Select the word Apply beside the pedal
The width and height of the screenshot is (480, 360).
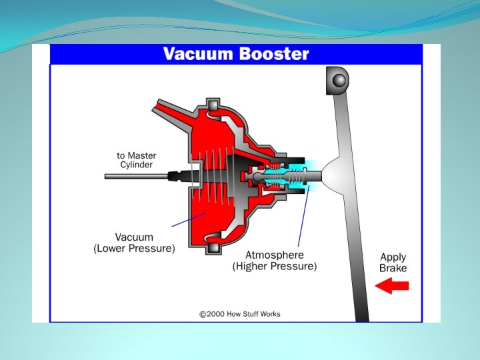click(x=393, y=257)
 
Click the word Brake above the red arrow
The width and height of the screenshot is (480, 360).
click(x=393, y=268)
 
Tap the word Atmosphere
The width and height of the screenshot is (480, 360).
click(x=275, y=255)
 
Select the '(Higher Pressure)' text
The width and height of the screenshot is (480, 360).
click(x=275, y=267)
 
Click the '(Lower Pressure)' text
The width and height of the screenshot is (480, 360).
click(x=134, y=249)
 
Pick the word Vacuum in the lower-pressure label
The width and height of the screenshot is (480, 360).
click(x=134, y=237)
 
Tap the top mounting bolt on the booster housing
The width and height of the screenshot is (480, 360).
click(x=213, y=105)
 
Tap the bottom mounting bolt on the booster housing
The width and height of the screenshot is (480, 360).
click(x=213, y=248)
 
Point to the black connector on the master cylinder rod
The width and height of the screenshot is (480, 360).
click(x=175, y=177)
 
